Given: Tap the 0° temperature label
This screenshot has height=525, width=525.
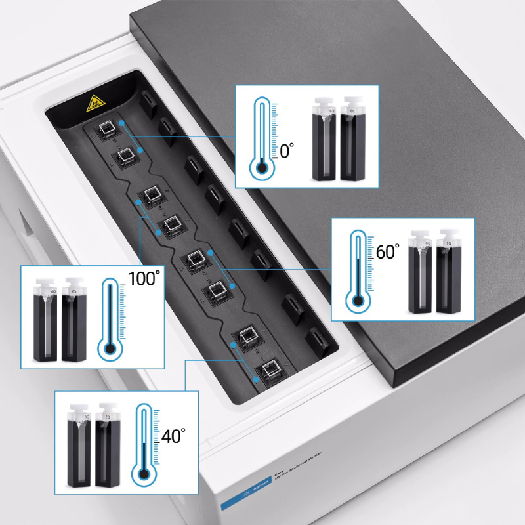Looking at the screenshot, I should [x=287, y=152].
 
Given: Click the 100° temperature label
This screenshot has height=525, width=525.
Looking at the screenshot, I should [x=144, y=279].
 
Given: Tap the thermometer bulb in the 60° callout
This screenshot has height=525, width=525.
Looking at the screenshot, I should [x=358, y=302].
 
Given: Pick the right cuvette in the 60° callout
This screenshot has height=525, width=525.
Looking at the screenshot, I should [x=450, y=276].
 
